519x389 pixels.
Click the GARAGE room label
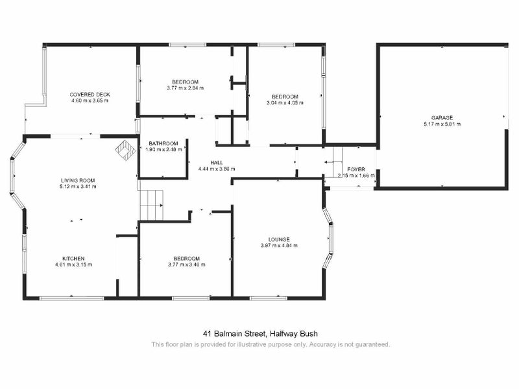click(439, 118)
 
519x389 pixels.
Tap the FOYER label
click(356, 169)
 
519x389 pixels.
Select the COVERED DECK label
click(89, 95)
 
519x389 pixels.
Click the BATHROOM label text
click(163, 143)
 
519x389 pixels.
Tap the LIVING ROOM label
click(78, 180)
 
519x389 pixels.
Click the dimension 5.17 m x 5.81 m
click(439, 124)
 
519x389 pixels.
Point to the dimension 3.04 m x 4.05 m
click(285, 102)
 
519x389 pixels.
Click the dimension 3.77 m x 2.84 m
click(185, 88)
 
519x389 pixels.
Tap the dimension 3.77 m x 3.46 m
click(186, 265)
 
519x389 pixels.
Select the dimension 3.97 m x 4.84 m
click(279, 246)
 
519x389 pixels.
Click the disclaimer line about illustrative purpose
click(271, 344)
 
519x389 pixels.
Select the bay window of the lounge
click(330, 240)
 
